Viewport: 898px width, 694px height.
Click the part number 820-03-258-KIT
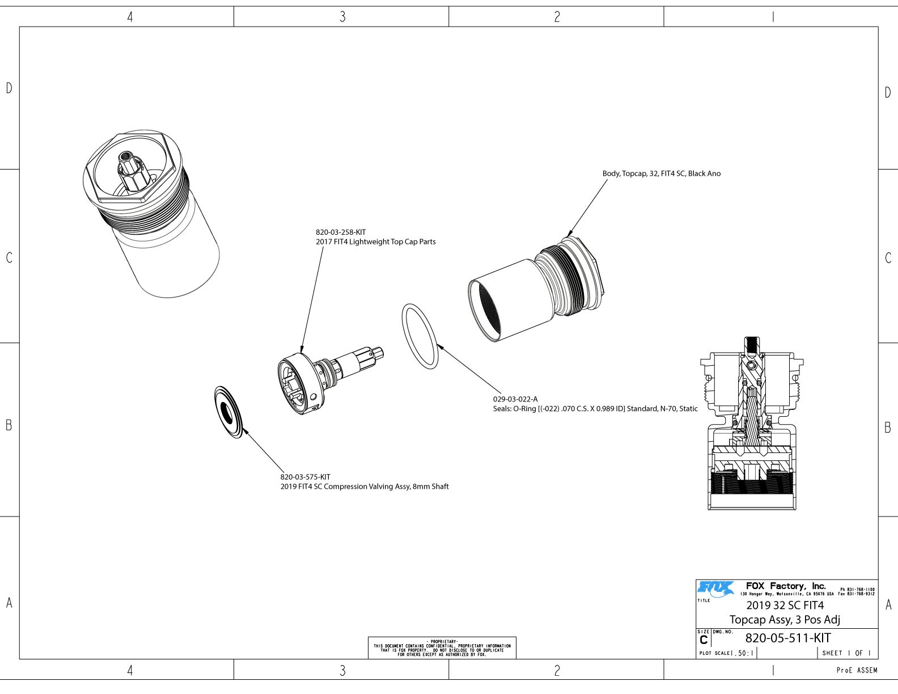click(x=341, y=232)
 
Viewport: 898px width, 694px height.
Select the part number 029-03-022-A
click(x=515, y=399)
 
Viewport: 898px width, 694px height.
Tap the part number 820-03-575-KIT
click(x=305, y=477)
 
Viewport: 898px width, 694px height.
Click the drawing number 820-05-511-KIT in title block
click(x=788, y=637)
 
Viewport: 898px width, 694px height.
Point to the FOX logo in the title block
click(x=715, y=588)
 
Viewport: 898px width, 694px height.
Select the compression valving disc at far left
click(x=230, y=412)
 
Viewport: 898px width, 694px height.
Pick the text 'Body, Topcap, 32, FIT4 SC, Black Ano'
click(x=661, y=173)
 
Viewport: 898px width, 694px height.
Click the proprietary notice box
click(x=442, y=648)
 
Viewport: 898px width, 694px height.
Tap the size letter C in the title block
click(x=704, y=641)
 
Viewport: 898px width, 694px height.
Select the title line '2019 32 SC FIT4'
click(x=785, y=605)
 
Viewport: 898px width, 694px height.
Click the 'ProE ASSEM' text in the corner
click(x=857, y=670)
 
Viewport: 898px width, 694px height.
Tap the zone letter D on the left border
click(x=9, y=88)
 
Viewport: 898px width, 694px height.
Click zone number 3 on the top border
click(x=342, y=17)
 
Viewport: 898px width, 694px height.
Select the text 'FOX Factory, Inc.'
click(x=786, y=586)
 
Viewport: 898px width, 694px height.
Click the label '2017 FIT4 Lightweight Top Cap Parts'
click(x=375, y=242)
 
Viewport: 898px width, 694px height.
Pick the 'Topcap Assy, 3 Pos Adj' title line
click(x=785, y=619)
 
